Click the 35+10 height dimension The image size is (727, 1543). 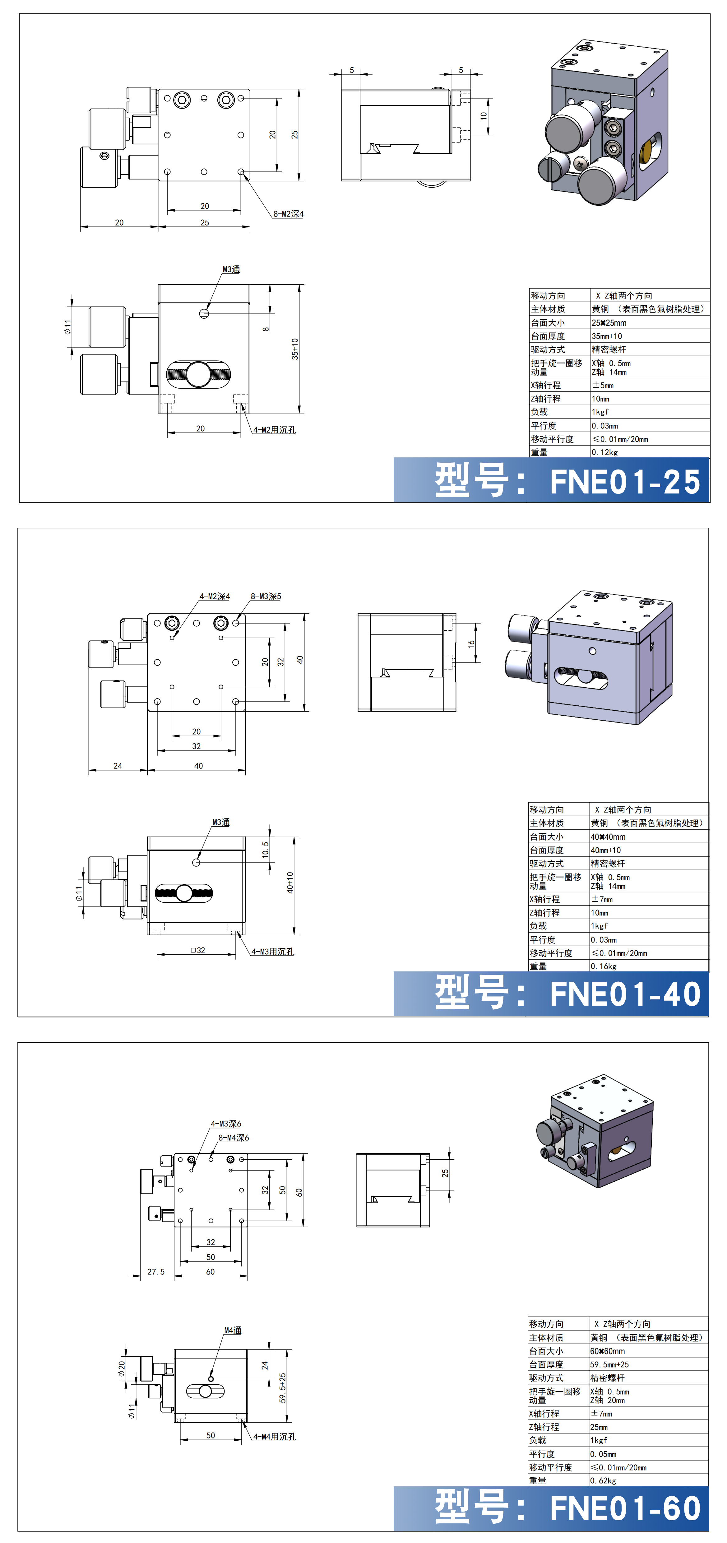coord(295,348)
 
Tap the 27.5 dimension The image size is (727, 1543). coord(156,1272)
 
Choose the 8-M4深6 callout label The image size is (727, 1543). coord(234,1138)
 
